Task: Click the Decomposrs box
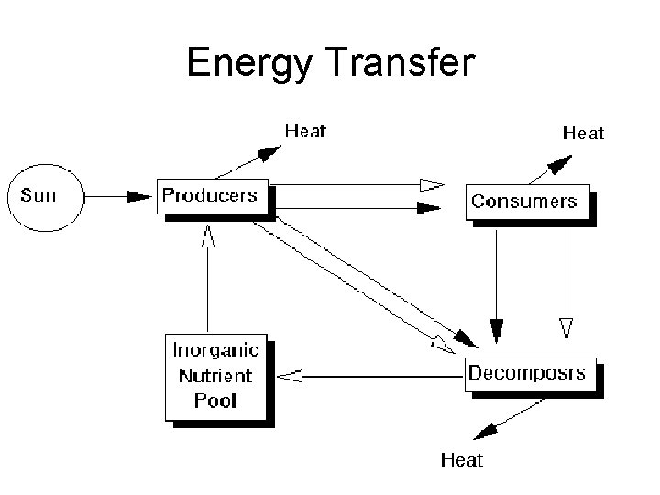click(x=531, y=373)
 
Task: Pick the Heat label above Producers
click(x=304, y=131)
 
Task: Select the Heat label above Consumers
click(x=583, y=134)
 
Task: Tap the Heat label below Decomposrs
click(x=462, y=459)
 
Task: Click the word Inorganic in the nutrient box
click(x=216, y=350)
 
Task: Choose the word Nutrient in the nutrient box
click(x=216, y=376)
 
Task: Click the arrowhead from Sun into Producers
click(x=139, y=195)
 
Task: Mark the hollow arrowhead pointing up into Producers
click(x=208, y=237)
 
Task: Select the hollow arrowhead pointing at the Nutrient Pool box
click(x=291, y=374)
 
